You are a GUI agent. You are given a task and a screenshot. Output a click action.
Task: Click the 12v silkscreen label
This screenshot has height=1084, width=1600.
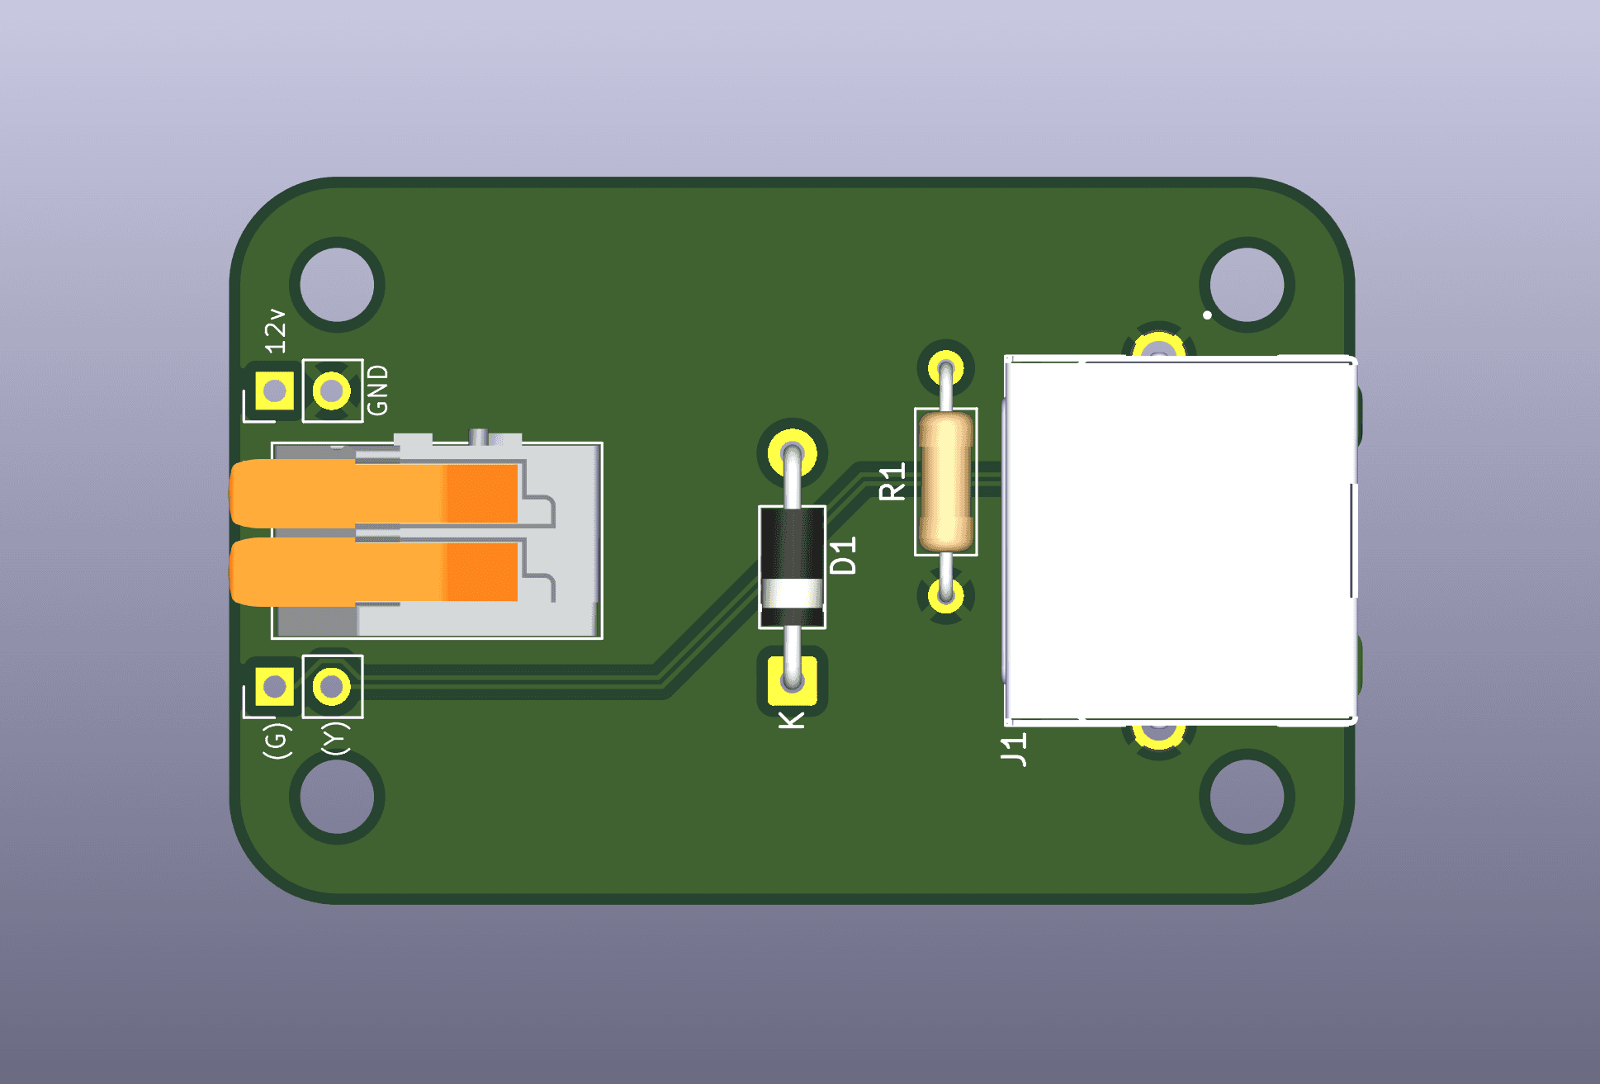276,331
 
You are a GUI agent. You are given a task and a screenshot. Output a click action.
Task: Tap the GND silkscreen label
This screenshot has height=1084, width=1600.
377,391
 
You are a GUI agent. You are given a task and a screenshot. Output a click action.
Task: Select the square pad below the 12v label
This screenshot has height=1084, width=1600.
274,391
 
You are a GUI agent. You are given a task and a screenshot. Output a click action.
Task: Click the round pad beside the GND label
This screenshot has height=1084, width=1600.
332,391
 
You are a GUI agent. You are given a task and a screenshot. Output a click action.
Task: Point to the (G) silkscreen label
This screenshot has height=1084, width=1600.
277,740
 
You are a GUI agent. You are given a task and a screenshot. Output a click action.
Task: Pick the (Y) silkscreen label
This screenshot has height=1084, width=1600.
335,738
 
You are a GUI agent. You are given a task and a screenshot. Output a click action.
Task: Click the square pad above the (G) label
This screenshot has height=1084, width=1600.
274,686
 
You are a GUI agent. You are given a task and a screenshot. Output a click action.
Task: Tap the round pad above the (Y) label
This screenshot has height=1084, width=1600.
332,686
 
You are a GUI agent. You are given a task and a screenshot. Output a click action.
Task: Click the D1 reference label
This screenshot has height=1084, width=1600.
843,555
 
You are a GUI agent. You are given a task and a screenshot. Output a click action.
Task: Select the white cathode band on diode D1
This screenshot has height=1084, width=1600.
792,594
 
